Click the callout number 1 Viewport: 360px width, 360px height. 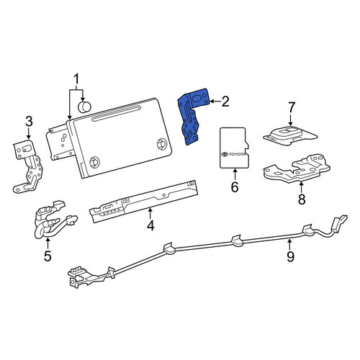tap(76, 79)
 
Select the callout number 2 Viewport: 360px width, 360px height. tap(225, 102)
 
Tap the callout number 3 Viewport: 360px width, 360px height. tap(29, 122)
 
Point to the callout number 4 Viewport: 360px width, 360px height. tap(150, 225)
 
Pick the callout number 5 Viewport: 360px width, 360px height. tap(48, 256)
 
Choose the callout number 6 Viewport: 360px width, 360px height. tap(235, 186)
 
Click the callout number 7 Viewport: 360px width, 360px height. tap(291, 107)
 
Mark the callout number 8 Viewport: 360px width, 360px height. tap(302, 199)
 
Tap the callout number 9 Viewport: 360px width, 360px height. tap(290, 256)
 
